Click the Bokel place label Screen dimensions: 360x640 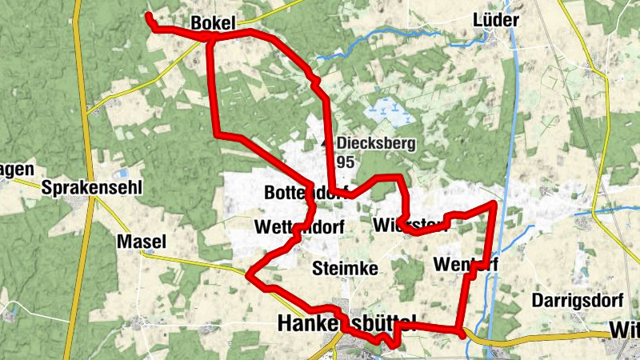214,24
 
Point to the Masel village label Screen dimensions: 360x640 141,242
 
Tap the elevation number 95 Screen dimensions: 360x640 346,162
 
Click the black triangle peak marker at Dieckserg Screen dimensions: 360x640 325,143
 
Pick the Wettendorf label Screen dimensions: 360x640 299,227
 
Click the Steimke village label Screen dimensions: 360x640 345,268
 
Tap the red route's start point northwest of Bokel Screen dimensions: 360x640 149,16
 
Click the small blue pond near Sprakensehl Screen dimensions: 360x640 122,173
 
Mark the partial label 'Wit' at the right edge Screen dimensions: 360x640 624,330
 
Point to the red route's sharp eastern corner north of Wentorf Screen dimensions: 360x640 494,205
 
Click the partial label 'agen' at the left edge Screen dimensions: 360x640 17,169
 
